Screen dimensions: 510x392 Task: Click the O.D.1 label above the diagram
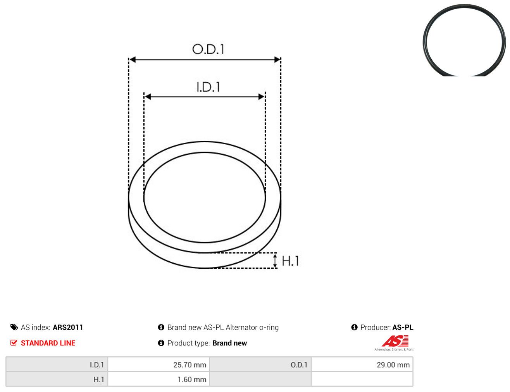pyautogui.click(x=208, y=49)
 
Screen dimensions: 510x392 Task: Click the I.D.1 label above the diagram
pyautogui.click(x=208, y=87)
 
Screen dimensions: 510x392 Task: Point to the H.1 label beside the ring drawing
pyautogui.click(x=290, y=261)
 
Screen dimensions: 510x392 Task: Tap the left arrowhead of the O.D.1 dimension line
pyautogui.click(x=133, y=60)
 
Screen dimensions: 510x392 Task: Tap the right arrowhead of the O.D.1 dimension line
pyautogui.click(x=277, y=60)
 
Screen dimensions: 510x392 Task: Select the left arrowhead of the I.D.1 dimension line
pyautogui.click(x=148, y=97)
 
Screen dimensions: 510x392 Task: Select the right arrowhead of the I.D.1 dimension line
pyautogui.click(x=262, y=97)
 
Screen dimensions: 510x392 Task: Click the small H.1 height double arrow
pyautogui.click(x=275, y=261)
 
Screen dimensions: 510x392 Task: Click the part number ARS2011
pyautogui.click(x=68, y=327)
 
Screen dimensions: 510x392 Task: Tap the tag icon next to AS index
pyautogui.click(x=14, y=327)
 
